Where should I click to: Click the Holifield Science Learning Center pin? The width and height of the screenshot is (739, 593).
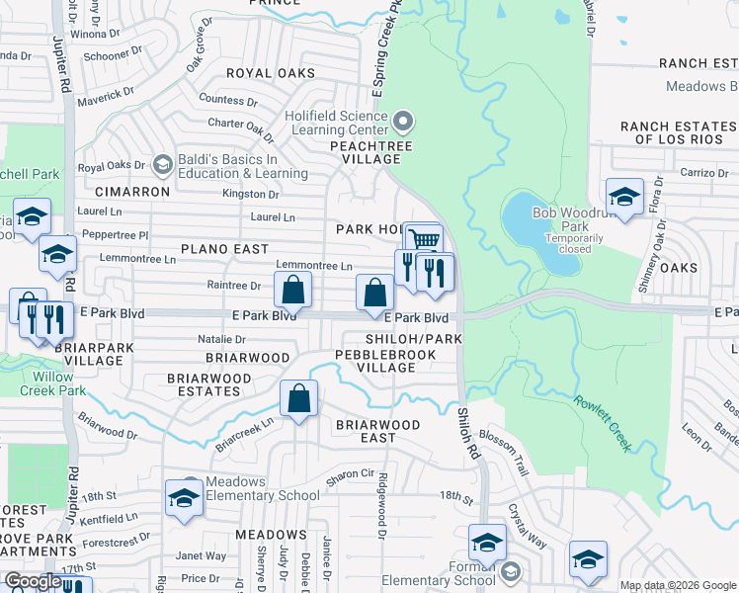tap(402, 123)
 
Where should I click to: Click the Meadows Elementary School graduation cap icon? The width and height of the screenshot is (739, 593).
tap(184, 498)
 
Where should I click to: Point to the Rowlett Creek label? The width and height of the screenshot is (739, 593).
tap(601, 423)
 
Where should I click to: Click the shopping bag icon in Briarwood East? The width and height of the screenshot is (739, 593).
tap(298, 400)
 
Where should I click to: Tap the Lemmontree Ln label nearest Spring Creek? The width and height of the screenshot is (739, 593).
tap(314, 266)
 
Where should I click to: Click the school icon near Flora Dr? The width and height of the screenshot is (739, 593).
tap(624, 196)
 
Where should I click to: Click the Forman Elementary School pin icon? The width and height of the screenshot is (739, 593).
tap(510, 570)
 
